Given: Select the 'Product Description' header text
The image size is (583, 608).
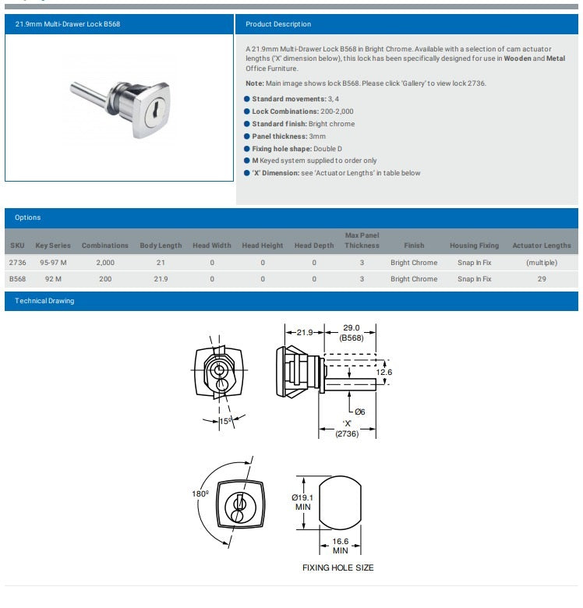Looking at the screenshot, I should pyautogui.click(x=278, y=24).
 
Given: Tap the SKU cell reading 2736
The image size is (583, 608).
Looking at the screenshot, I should pyautogui.click(x=17, y=263).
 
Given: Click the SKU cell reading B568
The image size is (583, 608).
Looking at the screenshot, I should pyautogui.click(x=17, y=279).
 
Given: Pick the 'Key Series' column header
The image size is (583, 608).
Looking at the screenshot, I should pyautogui.click(x=53, y=246).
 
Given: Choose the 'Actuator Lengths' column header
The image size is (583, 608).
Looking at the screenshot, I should pyautogui.click(x=541, y=246).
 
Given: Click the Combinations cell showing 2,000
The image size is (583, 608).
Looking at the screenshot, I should pyautogui.click(x=105, y=263).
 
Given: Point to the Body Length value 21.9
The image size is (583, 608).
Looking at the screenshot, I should pyautogui.click(x=161, y=279).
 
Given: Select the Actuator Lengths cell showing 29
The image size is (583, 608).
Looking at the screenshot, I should pyautogui.click(x=541, y=279).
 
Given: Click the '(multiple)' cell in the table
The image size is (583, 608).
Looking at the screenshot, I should pyautogui.click(x=541, y=263).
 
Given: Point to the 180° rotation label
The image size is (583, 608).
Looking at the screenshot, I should pyautogui.click(x=201, y=493).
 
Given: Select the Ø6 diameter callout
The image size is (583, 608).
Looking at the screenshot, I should pyautogui.click(x=359, y=412).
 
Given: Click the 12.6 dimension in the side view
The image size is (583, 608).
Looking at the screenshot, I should pyautogui.click(x=384, y=372).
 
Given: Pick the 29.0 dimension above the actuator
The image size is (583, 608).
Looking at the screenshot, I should pyautogui.click(x=351, y=329).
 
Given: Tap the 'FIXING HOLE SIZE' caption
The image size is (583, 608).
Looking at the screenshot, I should pyautogui.click(x=337, y=567).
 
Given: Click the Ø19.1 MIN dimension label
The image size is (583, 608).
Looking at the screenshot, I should pyautogui.click(x=302, y=502).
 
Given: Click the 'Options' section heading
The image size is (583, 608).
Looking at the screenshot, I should pyautogui.click(x=27, y=217).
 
